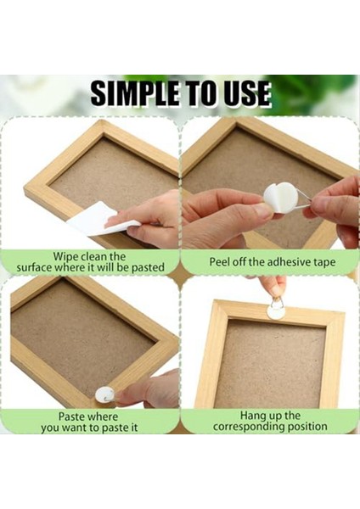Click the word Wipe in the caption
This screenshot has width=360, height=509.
pos(68,256)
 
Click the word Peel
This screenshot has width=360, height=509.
pos(222,262)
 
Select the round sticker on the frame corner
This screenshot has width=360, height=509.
pos(104,394)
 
